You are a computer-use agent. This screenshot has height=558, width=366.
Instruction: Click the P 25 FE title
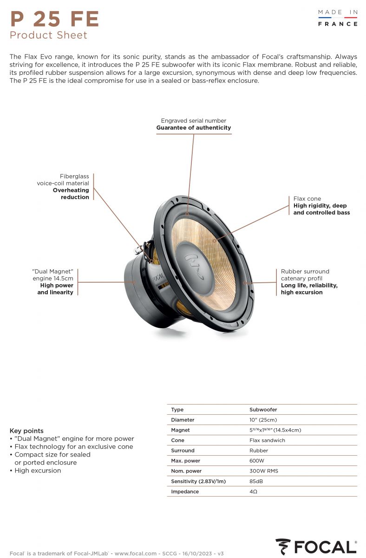[x=54, y=19]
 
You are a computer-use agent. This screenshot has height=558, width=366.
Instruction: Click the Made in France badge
[x=338, y=18]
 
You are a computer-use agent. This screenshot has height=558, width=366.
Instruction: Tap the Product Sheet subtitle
[x=48, y=35]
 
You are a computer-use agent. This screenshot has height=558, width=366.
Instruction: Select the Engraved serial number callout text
[x=194, y=124]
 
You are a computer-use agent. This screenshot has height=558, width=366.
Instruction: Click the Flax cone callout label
[x=321, y=206]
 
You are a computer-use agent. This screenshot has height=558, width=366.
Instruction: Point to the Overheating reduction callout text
[x=71, y=193]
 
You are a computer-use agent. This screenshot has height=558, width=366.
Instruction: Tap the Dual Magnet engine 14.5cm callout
[x=53, y=282]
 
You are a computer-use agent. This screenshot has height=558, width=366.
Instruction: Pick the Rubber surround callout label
[x=309, y=282]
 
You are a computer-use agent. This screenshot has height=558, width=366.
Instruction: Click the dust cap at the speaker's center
[x=195, y=268]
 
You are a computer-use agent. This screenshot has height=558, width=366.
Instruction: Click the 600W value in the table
[x=256, y=461]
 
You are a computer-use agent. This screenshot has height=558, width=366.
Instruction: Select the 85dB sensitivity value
[x=256, y=481]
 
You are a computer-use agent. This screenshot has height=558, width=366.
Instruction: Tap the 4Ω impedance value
[x=253, y=492]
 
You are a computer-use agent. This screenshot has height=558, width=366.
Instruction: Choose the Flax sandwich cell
[x=267, y=440]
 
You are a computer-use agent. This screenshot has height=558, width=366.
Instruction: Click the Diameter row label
[x=183, y=420]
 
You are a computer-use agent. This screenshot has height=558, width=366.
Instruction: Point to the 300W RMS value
[x=264, y=471]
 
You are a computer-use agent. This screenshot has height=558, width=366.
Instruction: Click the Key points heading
[x=26, y=431]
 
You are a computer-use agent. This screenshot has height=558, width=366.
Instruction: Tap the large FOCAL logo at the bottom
[x=316, y=546]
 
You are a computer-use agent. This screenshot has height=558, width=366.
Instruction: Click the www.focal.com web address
[x=135, y=553]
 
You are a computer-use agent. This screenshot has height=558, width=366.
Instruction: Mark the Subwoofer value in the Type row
[x=263, y=410]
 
